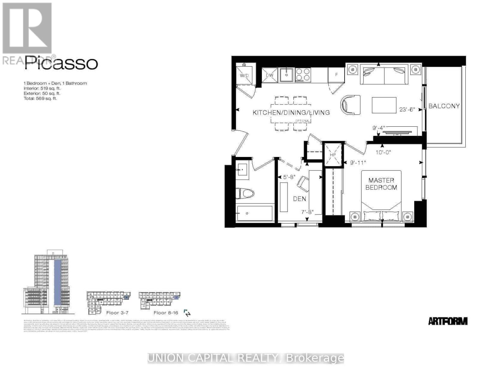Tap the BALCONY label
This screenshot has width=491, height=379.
[444, 106]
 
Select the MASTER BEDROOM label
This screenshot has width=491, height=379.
[381, 184]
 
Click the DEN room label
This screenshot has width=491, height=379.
[299, 199]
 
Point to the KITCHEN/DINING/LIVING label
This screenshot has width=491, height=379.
[291, 112]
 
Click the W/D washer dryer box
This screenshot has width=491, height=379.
[244, 75]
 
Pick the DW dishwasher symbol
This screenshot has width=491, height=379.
[269, 75]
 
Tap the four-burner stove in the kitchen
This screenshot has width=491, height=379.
[303, 75]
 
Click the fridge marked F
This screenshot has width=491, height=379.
[336, 75]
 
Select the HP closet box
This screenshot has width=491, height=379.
[333, 155]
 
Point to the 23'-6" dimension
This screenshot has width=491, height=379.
[407, 110]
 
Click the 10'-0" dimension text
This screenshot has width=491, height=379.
[383, 152]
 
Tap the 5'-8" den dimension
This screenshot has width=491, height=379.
[289, 177]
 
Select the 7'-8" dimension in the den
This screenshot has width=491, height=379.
[307, 212]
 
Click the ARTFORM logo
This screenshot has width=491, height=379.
[448, 321]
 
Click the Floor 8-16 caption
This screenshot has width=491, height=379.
[166, 313]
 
